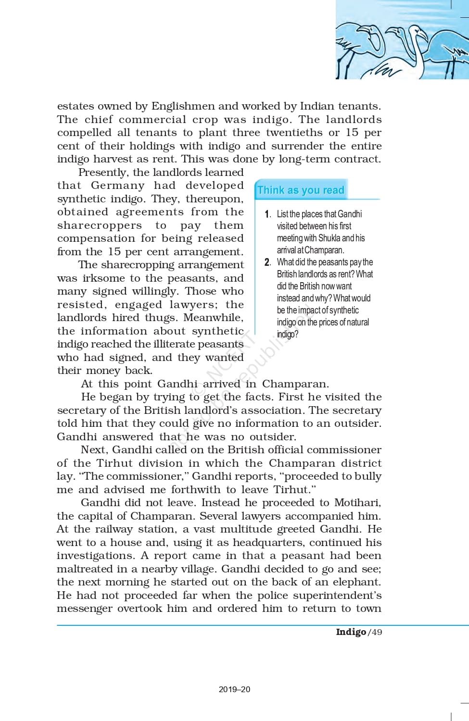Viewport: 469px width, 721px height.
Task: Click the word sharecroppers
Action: [100, 225]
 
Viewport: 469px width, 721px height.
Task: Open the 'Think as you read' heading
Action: [301, 190]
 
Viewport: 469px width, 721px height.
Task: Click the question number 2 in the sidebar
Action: [267, 262]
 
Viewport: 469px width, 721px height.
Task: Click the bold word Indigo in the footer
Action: [351, 632]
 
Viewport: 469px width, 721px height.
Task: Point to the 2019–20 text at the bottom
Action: [234, 689]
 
